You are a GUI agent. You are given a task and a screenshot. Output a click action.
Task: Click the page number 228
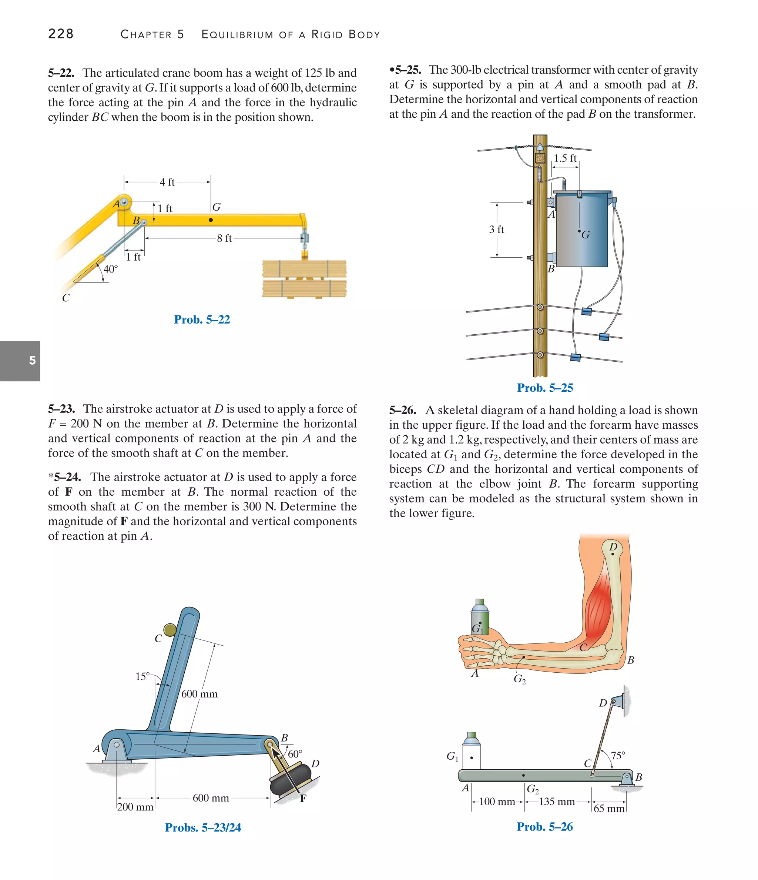tap(61, 34)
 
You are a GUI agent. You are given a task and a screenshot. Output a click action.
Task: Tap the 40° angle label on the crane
tap(110, 269)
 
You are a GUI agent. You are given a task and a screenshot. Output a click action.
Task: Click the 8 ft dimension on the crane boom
tap(224, 238)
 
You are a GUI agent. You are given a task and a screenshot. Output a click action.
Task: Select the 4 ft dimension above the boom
tap(167, 182)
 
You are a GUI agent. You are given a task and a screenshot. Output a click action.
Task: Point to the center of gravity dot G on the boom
tap(211, 220)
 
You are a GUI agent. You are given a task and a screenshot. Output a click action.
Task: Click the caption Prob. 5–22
tap(202, 319)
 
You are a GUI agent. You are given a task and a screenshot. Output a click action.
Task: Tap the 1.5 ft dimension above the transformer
tap(565, 158)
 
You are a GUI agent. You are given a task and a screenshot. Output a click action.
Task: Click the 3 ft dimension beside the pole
tap(496, 230)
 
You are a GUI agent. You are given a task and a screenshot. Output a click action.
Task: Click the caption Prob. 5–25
tap(545, 388)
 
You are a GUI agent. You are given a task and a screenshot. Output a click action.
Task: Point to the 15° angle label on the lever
tap(143, 676)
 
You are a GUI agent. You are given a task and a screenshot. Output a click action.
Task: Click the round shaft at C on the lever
tap(170, 630)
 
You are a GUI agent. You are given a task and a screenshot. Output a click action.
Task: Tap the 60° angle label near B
tap(295, 754)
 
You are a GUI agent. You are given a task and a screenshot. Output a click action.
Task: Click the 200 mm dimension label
tap(135, 807)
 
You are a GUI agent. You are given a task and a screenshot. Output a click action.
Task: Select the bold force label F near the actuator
tap(303, 799)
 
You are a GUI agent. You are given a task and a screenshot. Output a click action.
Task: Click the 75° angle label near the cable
tap(618, 756)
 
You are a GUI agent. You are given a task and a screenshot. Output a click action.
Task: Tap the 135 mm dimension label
tap(557, 802)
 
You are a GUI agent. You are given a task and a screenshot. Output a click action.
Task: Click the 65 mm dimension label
tap(609, 808)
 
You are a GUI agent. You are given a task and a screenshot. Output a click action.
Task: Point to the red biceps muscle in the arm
tap(599, 607)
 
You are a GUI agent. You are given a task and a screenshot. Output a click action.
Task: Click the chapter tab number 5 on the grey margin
tap(32, 361)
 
